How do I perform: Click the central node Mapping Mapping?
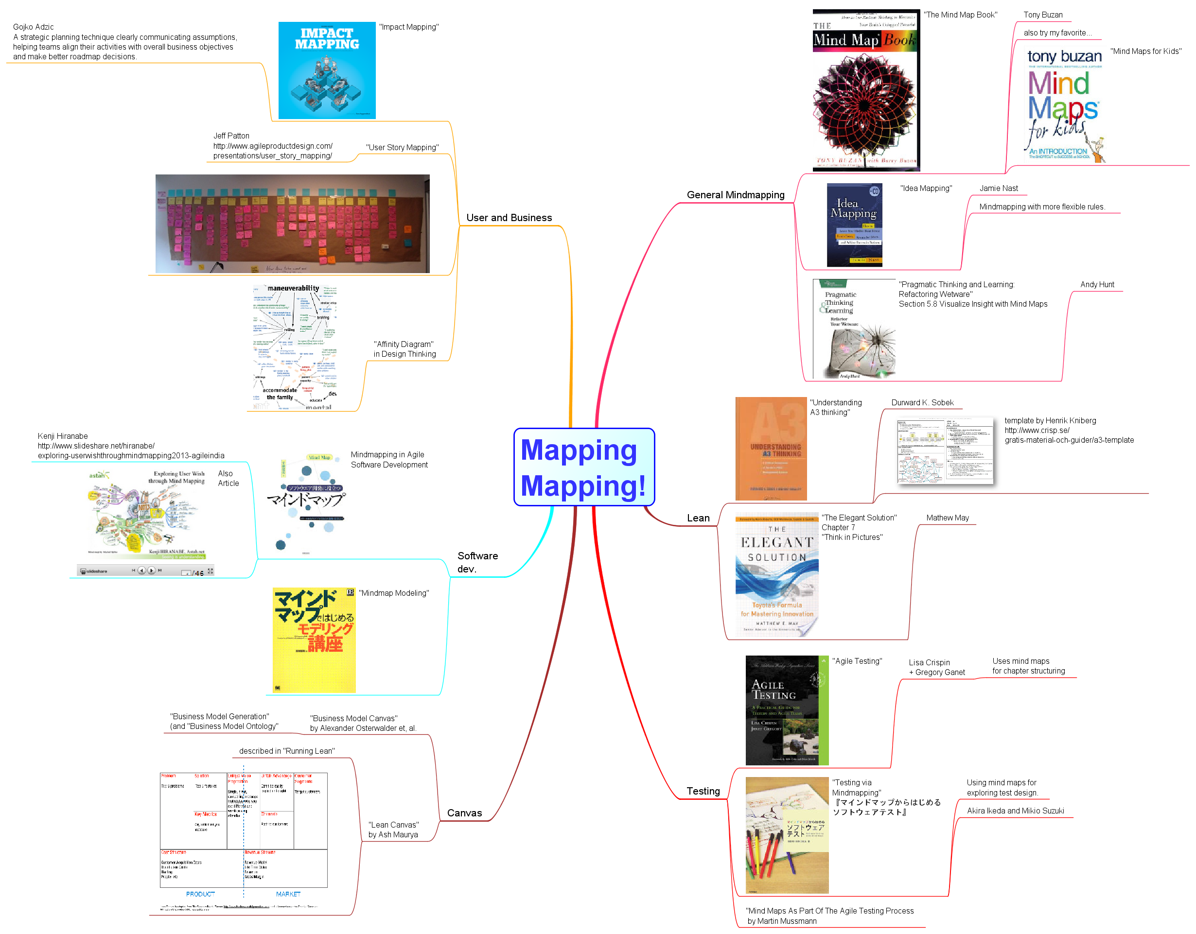[x=584, y=467]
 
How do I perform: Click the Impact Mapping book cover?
[x=327, y=70]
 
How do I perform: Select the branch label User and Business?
[x=509, y=218]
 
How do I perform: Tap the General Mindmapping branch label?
[x=735, y=195]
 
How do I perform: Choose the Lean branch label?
[x=698, y=518]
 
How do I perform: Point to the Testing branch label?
[x=703, y=791]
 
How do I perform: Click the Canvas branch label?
[x=464, y=813]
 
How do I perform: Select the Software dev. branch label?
[x=477, y=562]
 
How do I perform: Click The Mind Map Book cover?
[x=865, y=90]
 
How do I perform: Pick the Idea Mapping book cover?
[x=854, y=225]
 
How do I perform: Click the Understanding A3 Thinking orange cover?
[x=771, y=449]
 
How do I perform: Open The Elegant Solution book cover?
[x=776, y=575]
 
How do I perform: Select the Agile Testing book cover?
[x=786, y=710]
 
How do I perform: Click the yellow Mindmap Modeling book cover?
[x=314, y=640]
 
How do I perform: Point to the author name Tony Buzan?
[x=1043, y=15]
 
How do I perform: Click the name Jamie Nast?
[x=998, y=189]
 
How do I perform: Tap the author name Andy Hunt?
[x=1097, y=285]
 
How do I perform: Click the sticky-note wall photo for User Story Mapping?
[x=292, y=224]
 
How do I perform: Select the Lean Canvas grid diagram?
[x=244, y=830]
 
